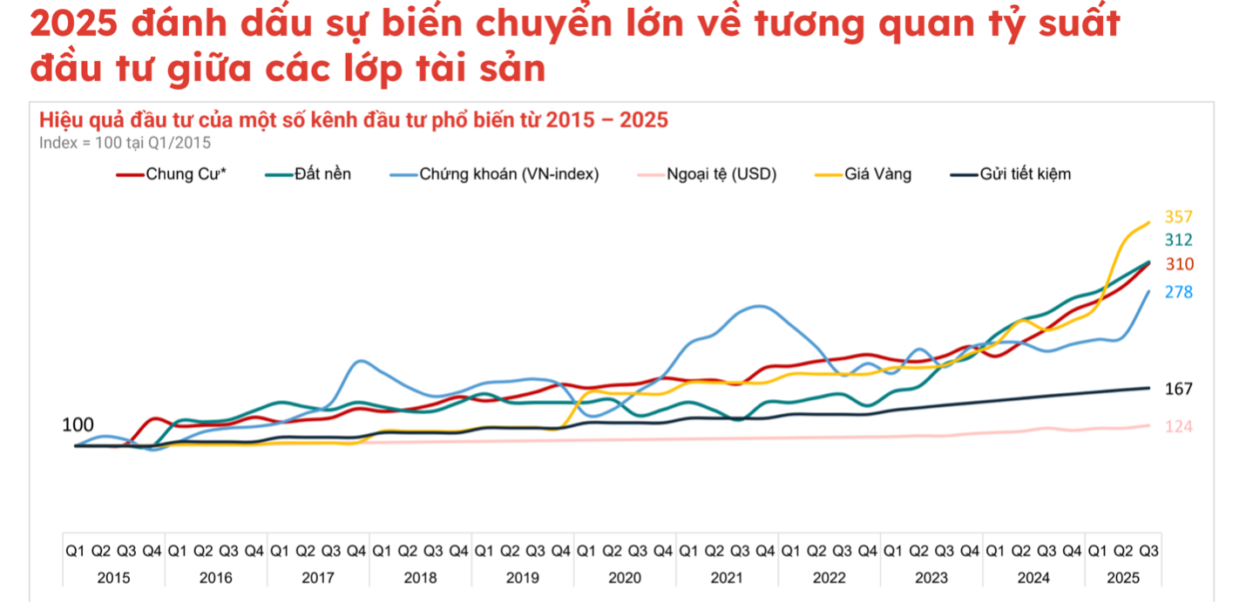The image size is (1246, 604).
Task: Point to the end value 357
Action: (1178, 217)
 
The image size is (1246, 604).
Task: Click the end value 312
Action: (1178, 241)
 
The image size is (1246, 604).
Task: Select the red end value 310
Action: (1179, 264)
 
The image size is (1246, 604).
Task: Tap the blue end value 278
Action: (1178, 292)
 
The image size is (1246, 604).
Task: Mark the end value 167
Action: (1178, 389)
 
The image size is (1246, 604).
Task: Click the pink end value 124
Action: (1178, 426)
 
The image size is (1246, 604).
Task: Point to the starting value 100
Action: (78, 425)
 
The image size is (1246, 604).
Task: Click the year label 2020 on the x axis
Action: (625, 577)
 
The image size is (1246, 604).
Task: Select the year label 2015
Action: (114, 577)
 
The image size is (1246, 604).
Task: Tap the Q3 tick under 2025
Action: (1149, 551)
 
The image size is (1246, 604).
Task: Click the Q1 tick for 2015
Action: (76, 551)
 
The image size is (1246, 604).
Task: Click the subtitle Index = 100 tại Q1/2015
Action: (125, 143)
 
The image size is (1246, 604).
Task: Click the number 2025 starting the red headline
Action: (73, 25)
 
